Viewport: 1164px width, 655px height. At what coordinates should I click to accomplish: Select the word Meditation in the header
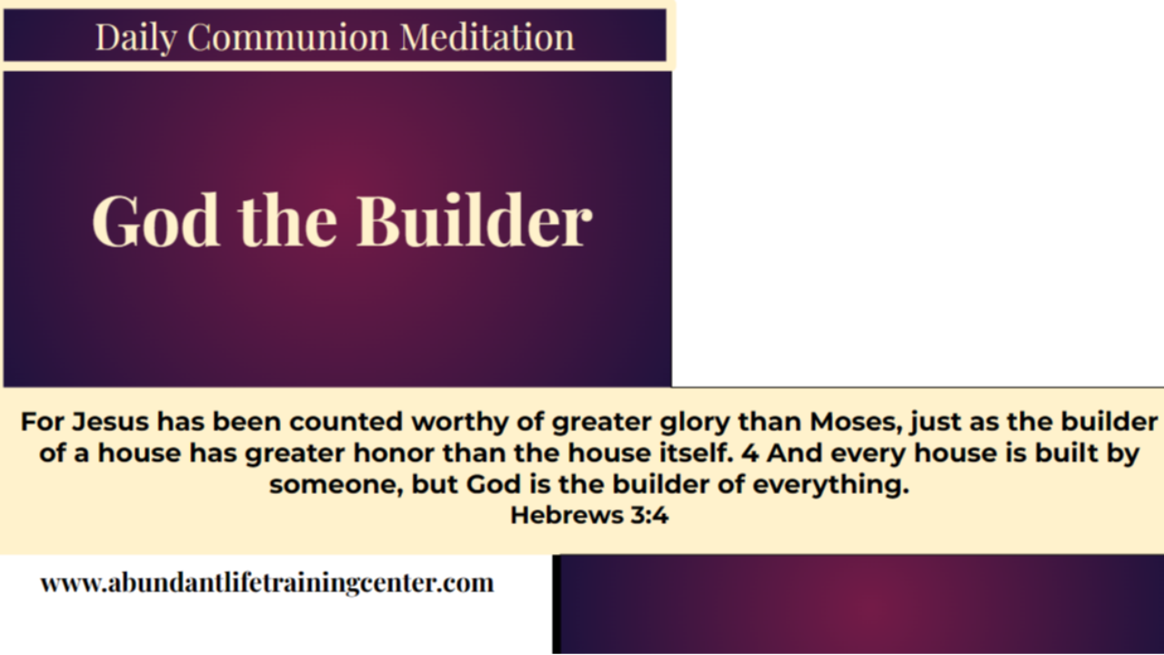[487, 37]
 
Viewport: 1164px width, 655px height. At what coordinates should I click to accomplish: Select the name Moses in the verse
[855, 422]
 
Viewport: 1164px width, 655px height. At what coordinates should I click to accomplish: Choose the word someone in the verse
[336, 484]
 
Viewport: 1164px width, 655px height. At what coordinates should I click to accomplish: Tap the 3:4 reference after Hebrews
[647, 515]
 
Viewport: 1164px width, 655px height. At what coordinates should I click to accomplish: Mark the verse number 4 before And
[750, 453]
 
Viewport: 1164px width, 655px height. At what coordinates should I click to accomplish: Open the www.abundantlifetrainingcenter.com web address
[266, 582]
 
